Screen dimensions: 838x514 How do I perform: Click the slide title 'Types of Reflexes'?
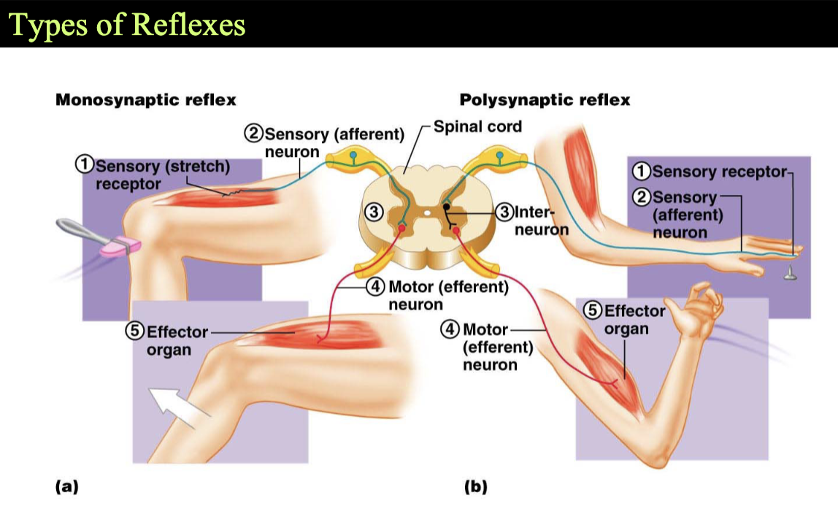pos(127,25)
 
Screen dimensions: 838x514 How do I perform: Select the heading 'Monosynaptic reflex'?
pos(145,100)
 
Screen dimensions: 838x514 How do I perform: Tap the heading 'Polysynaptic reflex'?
pos(545,100)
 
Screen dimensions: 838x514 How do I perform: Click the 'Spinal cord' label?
pos(477,126)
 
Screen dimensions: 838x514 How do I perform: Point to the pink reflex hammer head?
pos(121,246)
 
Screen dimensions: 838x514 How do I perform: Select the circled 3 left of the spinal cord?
pos(374,212)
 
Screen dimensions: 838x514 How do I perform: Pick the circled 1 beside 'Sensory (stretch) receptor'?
pos(85,164)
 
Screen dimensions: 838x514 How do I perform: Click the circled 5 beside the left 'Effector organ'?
pos(134,331)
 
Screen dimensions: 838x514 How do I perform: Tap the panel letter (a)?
pos(67,486)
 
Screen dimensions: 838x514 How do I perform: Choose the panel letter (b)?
pos(475,486)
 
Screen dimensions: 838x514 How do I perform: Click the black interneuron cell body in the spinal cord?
pos(446,207)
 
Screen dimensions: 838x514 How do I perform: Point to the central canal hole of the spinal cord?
pos(427,212)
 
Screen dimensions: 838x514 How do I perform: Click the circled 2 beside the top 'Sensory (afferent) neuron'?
pos(254,132)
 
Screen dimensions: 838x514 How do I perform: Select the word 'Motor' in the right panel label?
pos(485,330)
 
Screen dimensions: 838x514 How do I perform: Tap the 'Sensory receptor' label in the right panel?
pos(719,172)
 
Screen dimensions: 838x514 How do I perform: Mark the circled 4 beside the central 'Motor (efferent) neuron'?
pos(375,286)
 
